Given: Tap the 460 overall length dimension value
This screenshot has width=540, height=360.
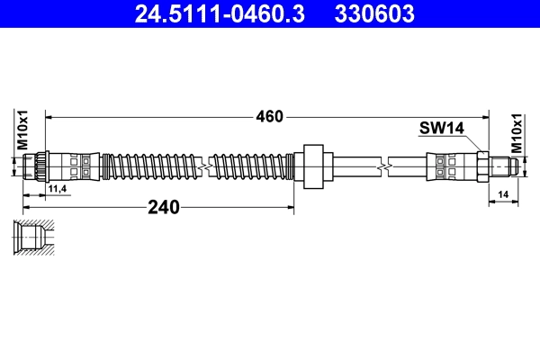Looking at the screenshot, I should [269, 116].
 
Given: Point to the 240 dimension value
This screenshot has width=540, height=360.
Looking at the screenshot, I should [164, 207].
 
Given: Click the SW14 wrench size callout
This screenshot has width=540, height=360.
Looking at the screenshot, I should [441, 129].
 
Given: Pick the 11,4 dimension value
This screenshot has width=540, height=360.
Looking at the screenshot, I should [58, 188].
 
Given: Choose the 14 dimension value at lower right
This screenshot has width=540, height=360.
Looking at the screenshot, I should [503, 193].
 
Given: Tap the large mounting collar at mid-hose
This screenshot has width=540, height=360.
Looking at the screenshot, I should [313, 166].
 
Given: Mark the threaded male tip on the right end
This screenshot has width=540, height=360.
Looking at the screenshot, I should [504, 166].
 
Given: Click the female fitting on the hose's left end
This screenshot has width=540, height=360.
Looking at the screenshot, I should [37, 166].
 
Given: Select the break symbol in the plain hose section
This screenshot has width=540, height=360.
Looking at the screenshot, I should [384, 166].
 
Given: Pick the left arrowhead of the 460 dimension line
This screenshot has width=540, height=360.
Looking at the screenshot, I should [50, 116].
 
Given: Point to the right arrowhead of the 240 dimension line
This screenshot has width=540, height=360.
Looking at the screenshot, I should [290, 207].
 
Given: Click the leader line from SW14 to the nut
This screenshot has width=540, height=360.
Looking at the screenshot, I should [472, 142].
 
